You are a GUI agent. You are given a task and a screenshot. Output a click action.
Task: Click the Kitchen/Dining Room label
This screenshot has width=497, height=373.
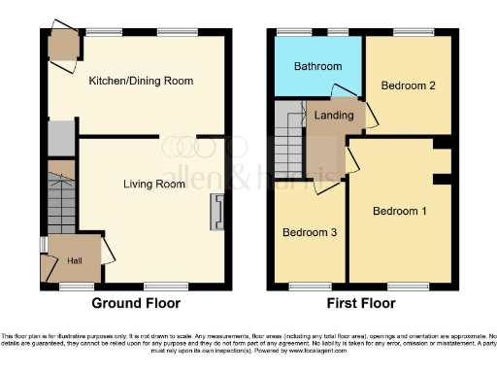pos(141,81)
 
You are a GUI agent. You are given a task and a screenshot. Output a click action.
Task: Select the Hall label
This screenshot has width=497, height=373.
pos(75,259)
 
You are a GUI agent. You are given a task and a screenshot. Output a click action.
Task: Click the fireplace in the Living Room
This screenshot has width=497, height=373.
pos(216,212)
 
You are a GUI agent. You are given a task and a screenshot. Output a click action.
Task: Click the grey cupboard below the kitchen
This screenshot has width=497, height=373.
pos(60,138)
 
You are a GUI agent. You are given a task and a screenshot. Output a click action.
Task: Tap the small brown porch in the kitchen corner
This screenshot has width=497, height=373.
pos(64,45)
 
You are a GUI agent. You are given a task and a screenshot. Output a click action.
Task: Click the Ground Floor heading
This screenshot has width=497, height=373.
pos(137,303)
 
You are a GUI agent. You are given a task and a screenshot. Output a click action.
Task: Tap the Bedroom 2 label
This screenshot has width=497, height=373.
pos(407,85)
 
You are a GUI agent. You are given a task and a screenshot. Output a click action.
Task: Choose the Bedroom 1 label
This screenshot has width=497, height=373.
pos(400,211)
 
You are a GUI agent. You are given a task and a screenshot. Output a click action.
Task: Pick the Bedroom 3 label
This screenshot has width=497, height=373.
pos(309,233)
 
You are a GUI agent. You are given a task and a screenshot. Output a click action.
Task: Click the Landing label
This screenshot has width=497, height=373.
pos(336,116)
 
